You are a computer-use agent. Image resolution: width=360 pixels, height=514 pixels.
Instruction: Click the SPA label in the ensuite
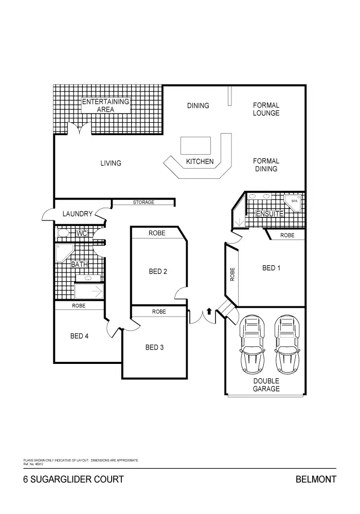pos(294,201)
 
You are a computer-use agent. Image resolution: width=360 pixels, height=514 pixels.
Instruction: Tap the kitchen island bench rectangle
pos(195,145)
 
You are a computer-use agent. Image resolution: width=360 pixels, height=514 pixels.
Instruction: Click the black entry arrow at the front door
pos(209,311)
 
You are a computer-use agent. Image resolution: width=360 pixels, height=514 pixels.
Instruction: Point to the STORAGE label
pos(143,203)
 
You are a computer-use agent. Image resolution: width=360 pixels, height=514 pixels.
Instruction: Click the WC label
pos(81,233)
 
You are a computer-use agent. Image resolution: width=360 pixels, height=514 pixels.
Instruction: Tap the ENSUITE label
pos(269,213)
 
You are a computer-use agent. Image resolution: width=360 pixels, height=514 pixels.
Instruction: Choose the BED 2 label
pos(158,271)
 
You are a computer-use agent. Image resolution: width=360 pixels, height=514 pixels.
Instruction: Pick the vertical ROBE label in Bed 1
pos(232,274)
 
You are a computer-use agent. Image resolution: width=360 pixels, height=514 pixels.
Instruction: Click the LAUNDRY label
pos(77,214)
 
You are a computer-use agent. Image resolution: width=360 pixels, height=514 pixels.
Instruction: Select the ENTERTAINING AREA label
pos(105,105)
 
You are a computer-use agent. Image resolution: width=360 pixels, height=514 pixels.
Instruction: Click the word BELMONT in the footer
pos(316,480)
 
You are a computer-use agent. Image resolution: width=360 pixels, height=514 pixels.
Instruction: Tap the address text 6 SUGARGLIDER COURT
pos(74,480)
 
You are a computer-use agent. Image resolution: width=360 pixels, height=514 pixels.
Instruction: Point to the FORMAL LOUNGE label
pos(266,109)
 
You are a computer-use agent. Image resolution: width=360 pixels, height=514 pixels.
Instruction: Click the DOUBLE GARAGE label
pos(266,385)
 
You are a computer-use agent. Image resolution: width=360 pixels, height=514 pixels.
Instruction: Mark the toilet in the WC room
pos(63,233)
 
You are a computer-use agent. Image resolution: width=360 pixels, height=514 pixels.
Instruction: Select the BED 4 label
pos(80,336)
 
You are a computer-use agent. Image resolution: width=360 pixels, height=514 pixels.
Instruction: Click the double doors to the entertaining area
pos(79,130)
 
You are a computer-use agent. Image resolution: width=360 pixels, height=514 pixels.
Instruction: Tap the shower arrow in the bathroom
pos(95,292)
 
